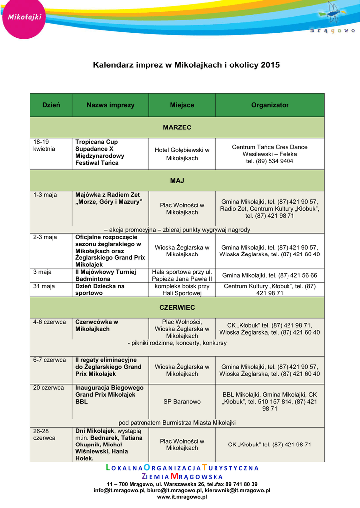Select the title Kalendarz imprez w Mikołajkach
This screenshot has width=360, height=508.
point(186,65)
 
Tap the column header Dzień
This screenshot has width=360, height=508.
point(51,105)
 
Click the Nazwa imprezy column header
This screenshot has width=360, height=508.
point(110,105)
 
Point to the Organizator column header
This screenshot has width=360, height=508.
point(270,105)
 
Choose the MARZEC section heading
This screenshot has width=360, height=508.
point(177,127)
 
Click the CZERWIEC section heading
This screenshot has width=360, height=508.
point(177,308)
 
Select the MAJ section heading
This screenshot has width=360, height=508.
point(177,181)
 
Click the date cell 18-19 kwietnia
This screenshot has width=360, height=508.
point(44,145)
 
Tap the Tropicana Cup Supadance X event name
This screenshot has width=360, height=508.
point(100,152)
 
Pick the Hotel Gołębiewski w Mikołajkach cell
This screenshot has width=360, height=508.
point(182,154)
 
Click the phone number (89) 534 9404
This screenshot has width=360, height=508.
point(270,161)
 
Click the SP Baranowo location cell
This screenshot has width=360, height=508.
point(182,402)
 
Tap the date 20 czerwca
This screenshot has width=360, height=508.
point(48,388)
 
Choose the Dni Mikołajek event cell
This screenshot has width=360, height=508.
point(108,444)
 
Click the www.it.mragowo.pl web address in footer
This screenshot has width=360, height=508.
point(182,497)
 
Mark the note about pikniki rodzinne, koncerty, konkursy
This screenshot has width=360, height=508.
point(177,343)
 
